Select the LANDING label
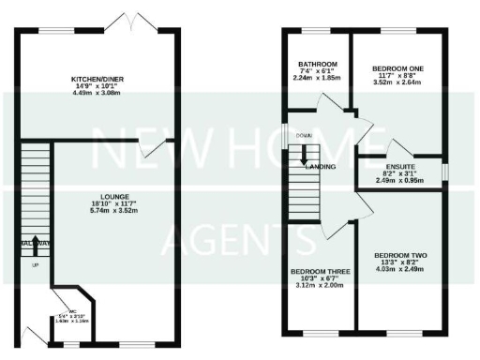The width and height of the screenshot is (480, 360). tap(321, 166)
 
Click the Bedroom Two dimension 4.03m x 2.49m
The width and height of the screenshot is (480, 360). tap(399, 269)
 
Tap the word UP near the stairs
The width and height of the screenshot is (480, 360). tap(36, 265)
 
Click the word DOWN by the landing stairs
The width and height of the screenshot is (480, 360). tap(303, 136)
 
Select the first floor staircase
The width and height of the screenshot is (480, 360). tap(307, 183)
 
